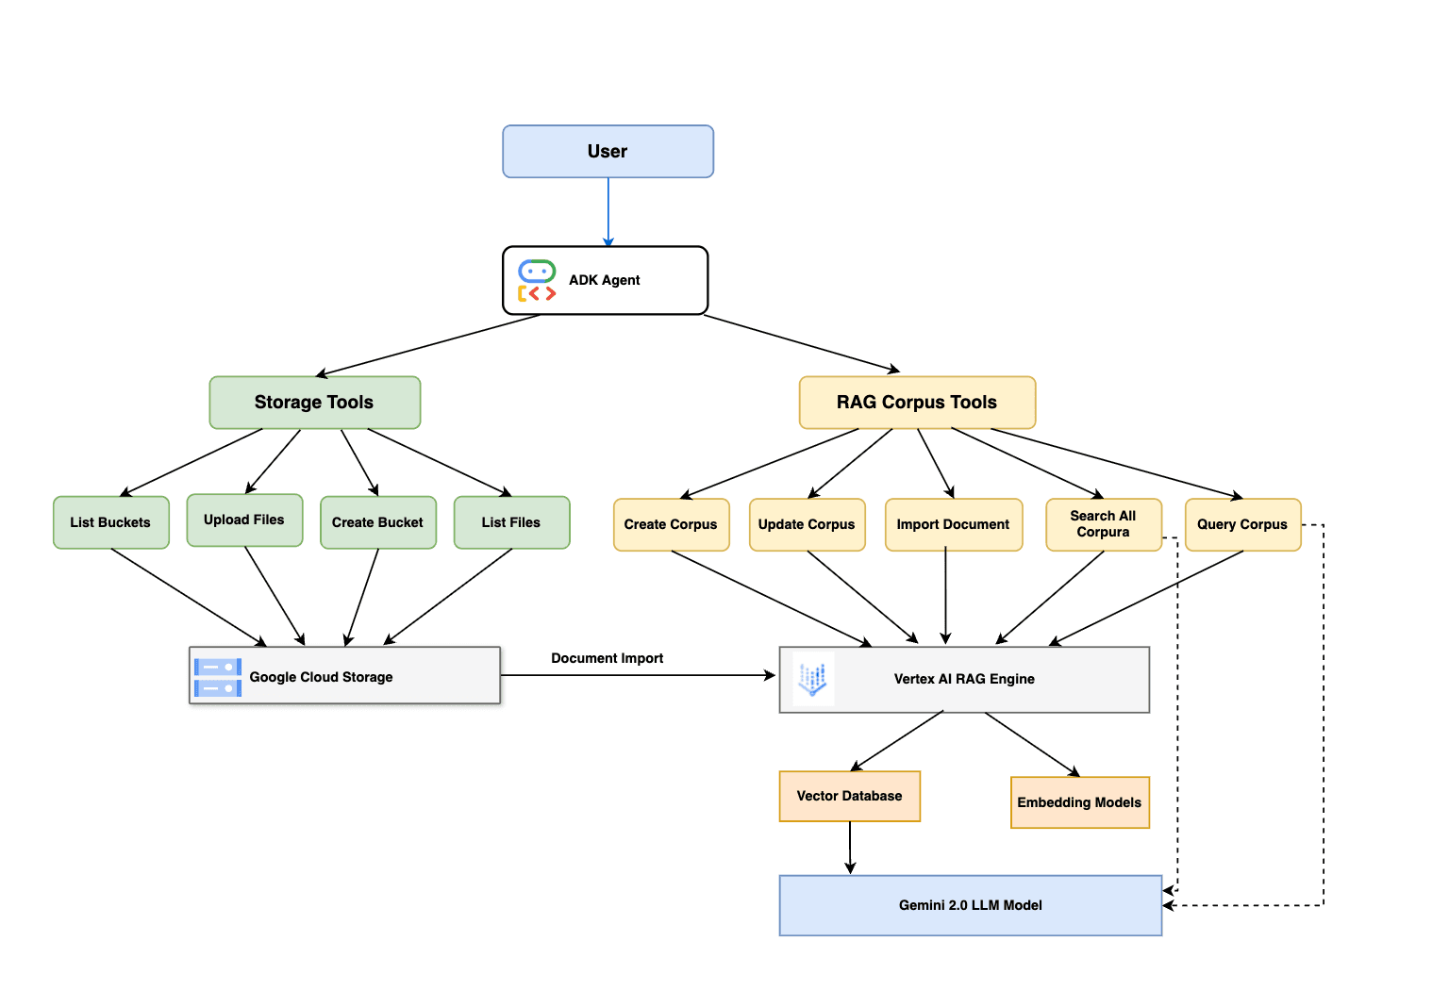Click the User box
pos(608,151)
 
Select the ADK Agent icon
pos(536,281)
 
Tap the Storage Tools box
pos(315,402)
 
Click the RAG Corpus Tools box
pos(917,402)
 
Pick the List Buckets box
pos(111,522)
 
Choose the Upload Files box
pos(244,520)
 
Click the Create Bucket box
pos(378,522)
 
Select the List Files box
pos(511,522)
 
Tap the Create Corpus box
pos(672,524)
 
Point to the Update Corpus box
pos(808,524)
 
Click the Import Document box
pos(954,524)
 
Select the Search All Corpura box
pos(1104,524)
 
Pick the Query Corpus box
pos(1242,524)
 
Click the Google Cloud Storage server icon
pos(218,677)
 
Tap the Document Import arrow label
pos(607,658)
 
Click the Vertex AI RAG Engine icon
pos(813,678)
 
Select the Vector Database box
pos(849,797)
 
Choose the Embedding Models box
pos(1079,802)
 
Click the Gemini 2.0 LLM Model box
pos(971,905)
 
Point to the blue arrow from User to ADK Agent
pos(608,212)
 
